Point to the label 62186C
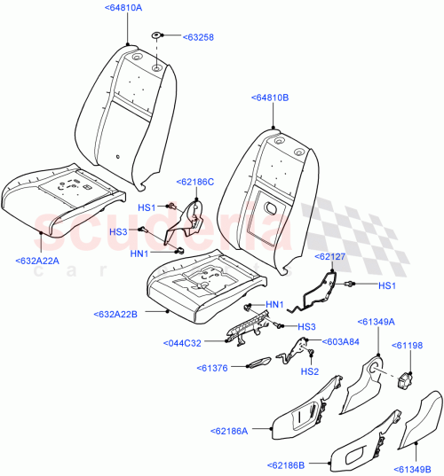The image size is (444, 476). pyautogui.click(x=195, y=181)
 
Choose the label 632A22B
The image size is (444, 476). pyautogui.click(x=120, y=314)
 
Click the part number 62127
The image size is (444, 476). pyautogui.click(x=334, y=255)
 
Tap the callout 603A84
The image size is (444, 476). pyautogui.click(x=341, y=340)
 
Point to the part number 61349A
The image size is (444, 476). pyautogui.click(x=377, y=322)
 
